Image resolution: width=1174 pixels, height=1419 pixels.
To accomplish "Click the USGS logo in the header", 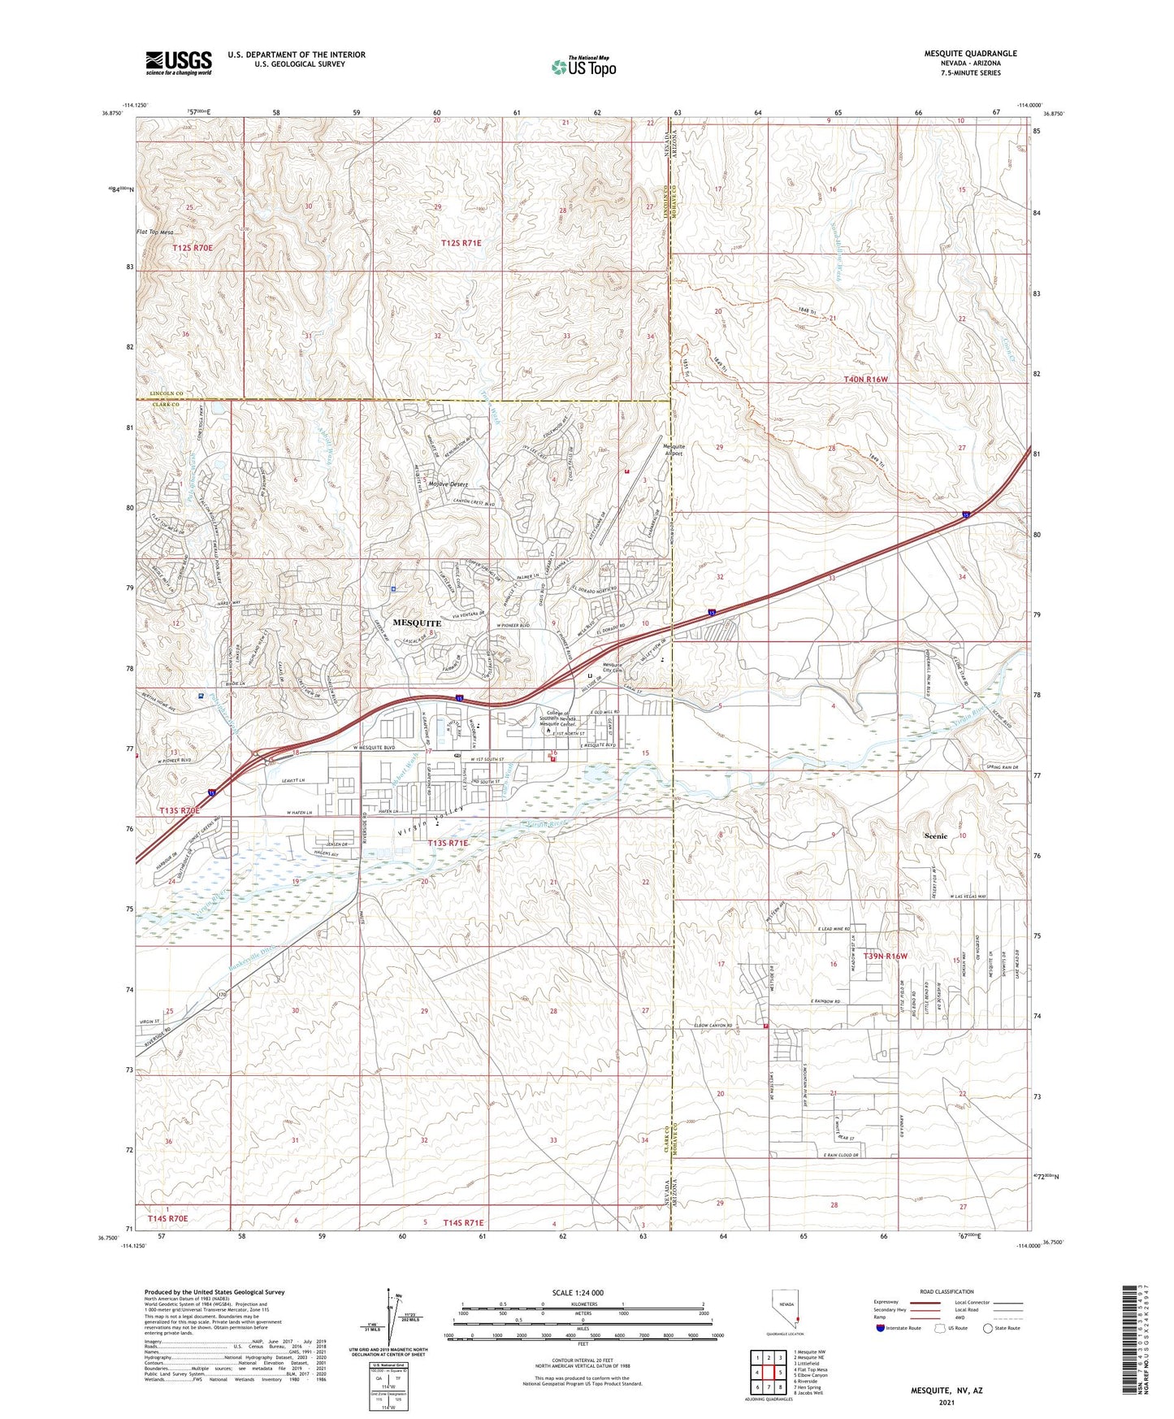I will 179,63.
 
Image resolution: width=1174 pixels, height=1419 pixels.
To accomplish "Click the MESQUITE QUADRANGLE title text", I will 970,54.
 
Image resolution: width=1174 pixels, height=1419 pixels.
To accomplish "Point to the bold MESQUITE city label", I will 417,623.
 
